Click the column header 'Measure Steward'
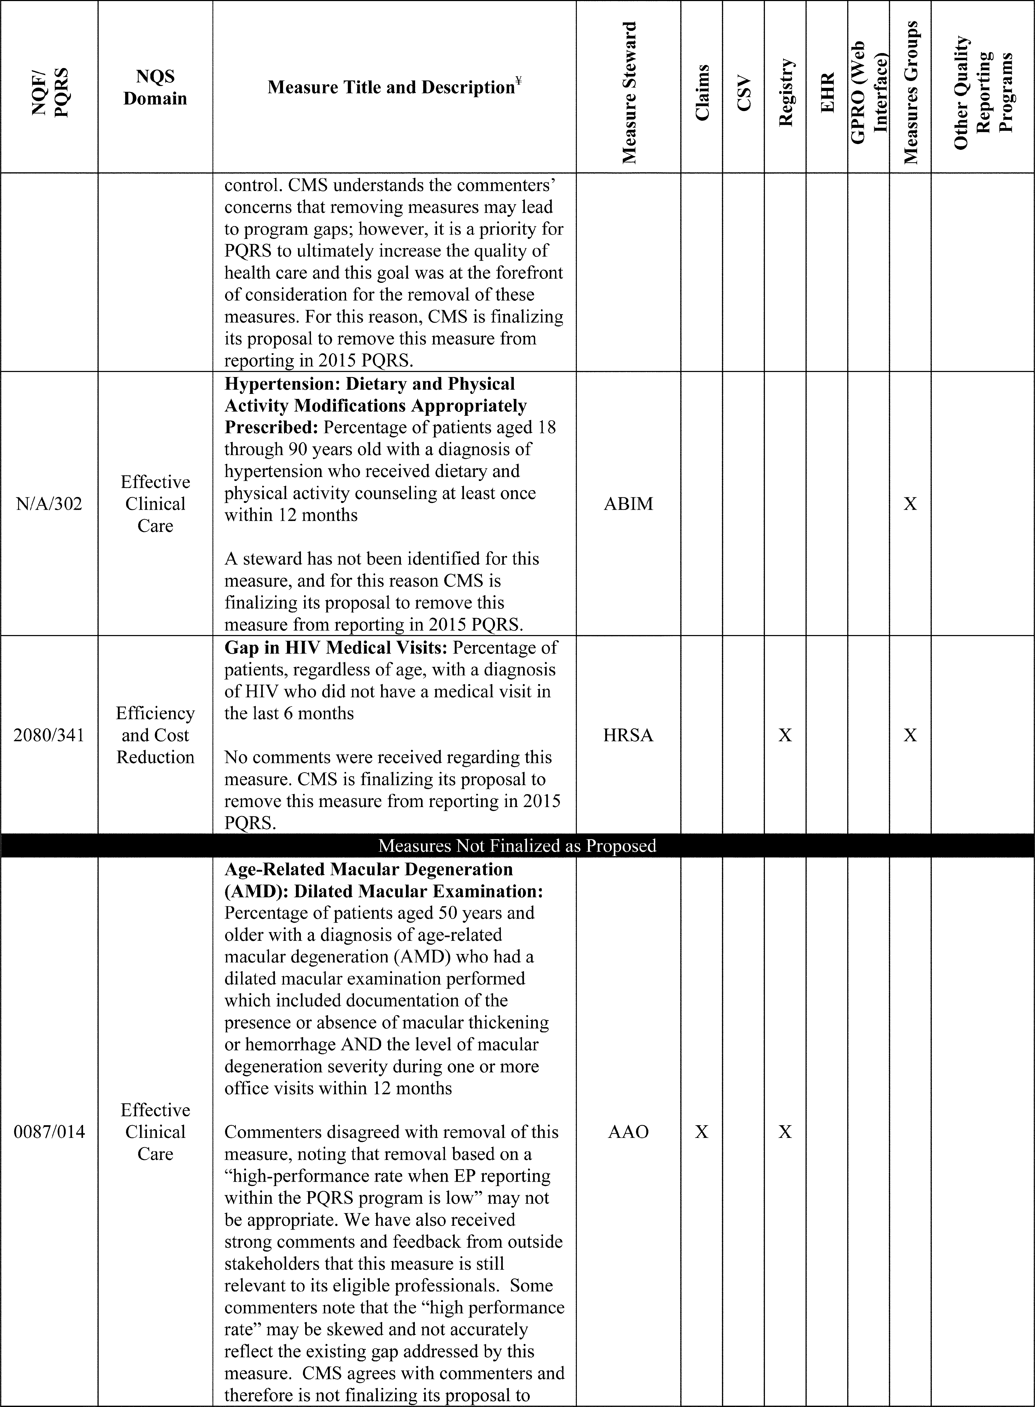pyautogui.click(x=629, y=93)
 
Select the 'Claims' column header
pyautogui.click(x=702, y=93)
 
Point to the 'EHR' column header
pyautogui.click(x=827, y=93)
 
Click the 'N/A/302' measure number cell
pyautogui.click(x=49, y=504)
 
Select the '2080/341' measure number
pyautogui.click(x=49, y=735)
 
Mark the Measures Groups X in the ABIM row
pyautogui.click(x=910, y=504)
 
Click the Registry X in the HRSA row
pyautogui.click(x=785, y=735)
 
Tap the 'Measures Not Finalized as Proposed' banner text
pyautogui.click(x=517, y=846)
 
